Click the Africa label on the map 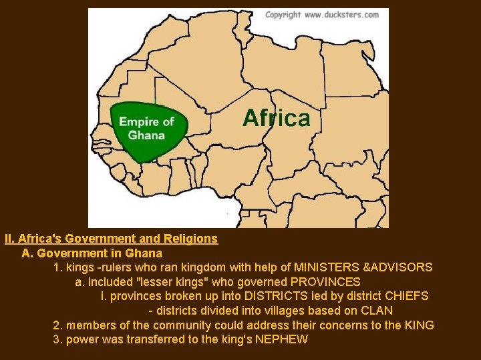(276, 119)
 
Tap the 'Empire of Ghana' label (146, 127)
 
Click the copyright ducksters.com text (321, 14)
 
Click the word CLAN (377, 311)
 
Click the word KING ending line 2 (419, 325)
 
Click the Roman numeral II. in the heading (9, 238)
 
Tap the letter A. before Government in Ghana (27, 253)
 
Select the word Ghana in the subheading (147, 253)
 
